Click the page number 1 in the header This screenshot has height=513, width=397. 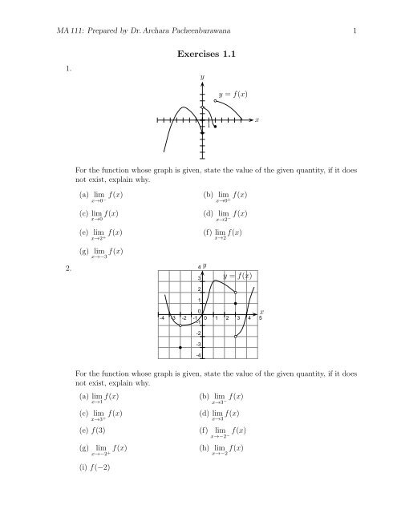(x=354, y=30)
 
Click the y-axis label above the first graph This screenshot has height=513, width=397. (x=202, y=76)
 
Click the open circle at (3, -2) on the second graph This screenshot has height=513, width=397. (x=235, y=337)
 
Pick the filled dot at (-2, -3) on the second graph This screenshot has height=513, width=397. (x=180, y=348)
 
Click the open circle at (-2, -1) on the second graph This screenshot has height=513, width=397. (x=180, y=326)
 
